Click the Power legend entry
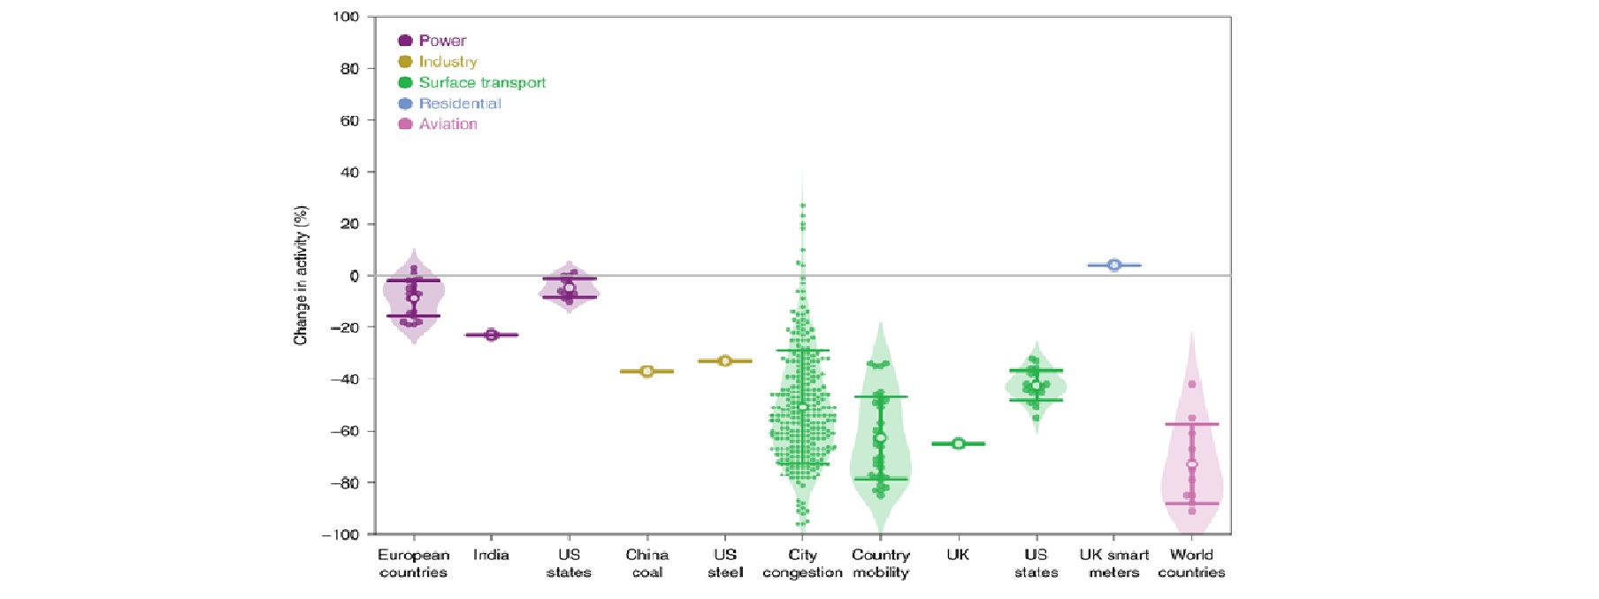(x=432, y=41)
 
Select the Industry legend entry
(x=438, y=62)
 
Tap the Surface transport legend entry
(x=472, y=82)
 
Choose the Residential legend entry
(x=450, y=104)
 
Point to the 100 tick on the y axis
(x=346, y=17)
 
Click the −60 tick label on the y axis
(x=344, y=431)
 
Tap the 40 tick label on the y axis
(x=349, y=172)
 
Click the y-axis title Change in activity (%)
(x=302, y=275)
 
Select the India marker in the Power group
(x=493, y=334)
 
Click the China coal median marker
(x=647, y=372)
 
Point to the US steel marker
(x=725, y=361)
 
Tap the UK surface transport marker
(x=959, y=443)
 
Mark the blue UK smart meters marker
(x=1114, y=265)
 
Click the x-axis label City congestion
(x=802, y=564)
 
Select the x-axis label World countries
(x=1191, y=564)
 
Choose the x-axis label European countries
(x=413, y=564)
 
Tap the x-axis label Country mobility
(x=881, y=564)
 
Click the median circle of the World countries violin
(x=1192, y=465)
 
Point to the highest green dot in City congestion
(x=803, y=206)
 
